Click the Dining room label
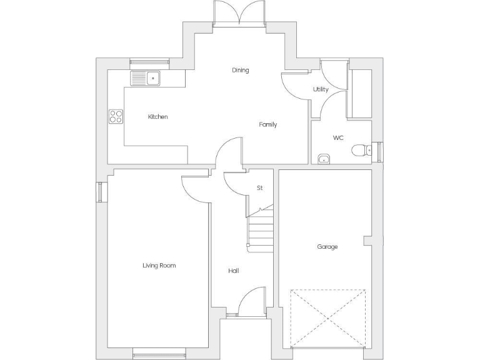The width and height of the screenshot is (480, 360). pos(240,70)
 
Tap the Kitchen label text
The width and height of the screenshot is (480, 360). pos(157,117)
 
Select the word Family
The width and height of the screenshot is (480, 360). pos(268,124)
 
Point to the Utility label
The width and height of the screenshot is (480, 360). pos(321,89)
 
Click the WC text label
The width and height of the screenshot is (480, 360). pos(338,137)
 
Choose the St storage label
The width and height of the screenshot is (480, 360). pos(259,187)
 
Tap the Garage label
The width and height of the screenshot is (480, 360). pos(327,247)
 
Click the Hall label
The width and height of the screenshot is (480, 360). pos(233,271)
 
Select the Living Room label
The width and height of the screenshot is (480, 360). pos(159,266)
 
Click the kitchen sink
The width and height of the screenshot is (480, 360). pos(146,78)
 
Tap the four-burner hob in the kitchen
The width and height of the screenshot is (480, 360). pos(116,116)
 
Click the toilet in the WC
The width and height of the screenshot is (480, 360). pos(360,151)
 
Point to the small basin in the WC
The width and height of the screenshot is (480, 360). pos(324,159)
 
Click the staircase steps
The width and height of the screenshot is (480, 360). pos(260,229)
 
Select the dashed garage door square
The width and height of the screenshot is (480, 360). pos(327,318)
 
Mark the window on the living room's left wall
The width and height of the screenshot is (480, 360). pos(99,192)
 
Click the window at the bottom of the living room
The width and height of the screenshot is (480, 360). pos(159,355)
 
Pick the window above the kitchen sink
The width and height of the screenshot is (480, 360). pos(149,61)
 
